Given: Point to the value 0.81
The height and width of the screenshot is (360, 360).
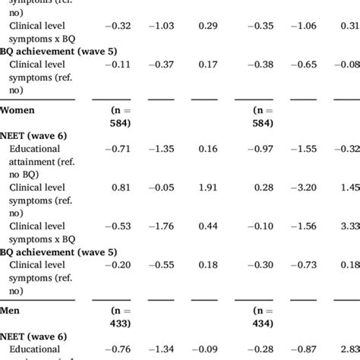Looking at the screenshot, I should pos(121,188).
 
